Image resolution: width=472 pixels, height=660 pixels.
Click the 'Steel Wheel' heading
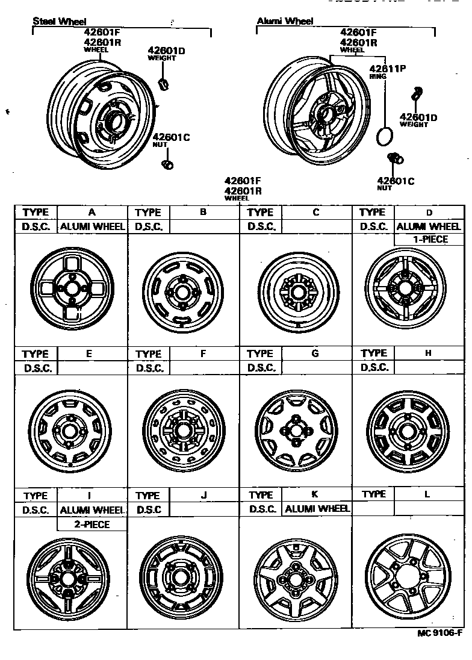[x=59, y=22]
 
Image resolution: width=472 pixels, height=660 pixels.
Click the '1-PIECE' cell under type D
[x=429, y=240]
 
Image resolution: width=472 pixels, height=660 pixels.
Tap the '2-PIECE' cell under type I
[x=92, y=525]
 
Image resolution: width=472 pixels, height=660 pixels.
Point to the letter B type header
[x=203, y=212]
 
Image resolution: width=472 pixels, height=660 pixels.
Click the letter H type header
[x=428, y=353]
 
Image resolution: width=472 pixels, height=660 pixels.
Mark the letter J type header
[x=204, y=495]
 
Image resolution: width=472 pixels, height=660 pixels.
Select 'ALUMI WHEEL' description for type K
[x=317, y=509]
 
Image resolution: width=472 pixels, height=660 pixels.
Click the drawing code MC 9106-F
[x=440, y=633]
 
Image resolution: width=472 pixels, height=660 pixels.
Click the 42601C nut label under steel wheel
[x=171, y=137]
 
